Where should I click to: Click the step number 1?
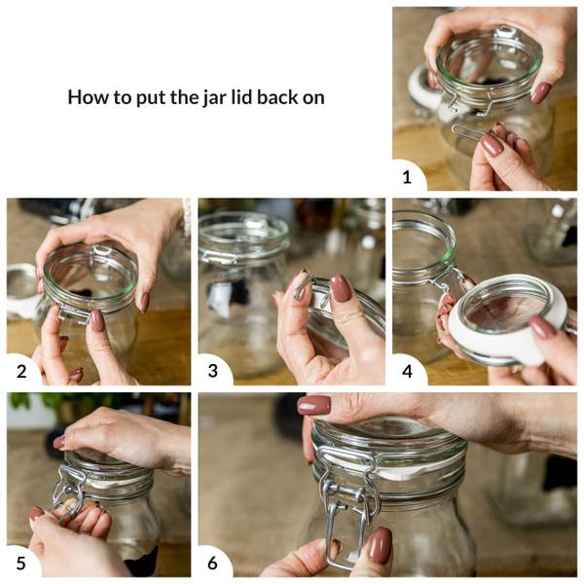tap(407, 177)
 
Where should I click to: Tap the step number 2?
tap(21, 372)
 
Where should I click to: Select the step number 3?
tap(212, 371)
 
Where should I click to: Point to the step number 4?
tap(407, 372)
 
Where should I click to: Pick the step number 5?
tap(21, 564)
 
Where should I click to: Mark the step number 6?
tap(212, 564)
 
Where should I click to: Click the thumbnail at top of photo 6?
tap(314, 405)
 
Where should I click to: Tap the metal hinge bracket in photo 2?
tap(74, 313)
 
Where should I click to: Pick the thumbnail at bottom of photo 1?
tap(493, 145)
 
